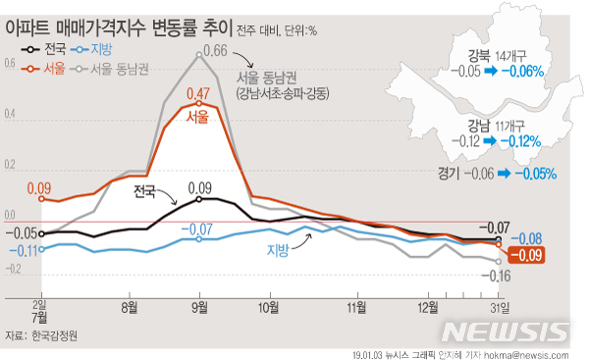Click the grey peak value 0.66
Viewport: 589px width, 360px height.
[x=215, y=51]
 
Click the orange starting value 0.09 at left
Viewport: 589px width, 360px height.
[x=39, y=187]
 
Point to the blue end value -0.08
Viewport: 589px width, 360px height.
[x=530, y=238]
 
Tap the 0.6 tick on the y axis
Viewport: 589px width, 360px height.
[x=10, y=65]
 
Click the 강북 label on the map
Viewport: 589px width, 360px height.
[x=482, y=56]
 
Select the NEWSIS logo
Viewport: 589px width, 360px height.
[x=523, y=331]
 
